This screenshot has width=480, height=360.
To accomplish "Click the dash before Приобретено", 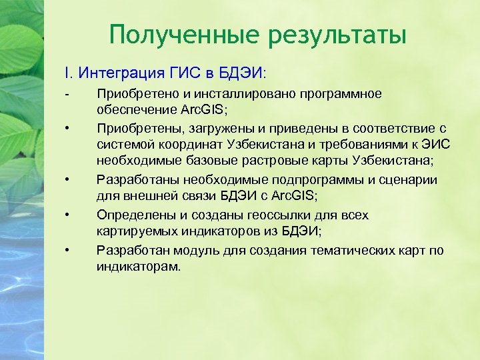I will (67, 93).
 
